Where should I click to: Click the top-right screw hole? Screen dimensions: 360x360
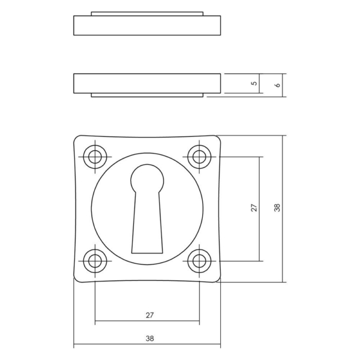(199, 157)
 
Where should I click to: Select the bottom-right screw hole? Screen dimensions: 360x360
(199, 260)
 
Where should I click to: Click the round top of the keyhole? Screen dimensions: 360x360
(146, 178)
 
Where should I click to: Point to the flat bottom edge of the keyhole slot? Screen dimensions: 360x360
(146, 250)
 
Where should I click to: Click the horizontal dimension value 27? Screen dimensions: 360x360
(148, 314)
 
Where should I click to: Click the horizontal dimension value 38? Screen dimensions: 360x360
(148, 339)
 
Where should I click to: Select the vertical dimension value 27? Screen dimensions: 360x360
(254, 208)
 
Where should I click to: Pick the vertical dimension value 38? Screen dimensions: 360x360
(277, 208)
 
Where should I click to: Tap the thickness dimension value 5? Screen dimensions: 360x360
(254, 83)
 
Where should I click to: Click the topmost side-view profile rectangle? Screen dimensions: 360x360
(147, 26)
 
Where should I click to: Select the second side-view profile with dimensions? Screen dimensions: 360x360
(147, 83)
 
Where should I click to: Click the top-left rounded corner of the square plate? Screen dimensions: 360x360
(76, 139)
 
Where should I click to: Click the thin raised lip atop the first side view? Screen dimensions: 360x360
(147, 13)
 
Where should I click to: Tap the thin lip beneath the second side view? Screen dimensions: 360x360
(147, 95)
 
